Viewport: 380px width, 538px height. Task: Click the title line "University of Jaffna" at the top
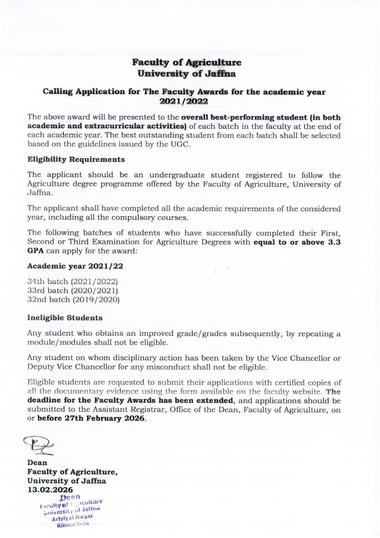tap(187, 74)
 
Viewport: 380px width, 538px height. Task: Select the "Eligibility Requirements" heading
tap(76, 159)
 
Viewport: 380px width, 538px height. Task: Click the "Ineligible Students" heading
tap(65, 318)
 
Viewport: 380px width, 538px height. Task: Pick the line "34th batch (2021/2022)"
tap(72, 281)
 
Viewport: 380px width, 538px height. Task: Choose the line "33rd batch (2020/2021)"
tap(72, 291)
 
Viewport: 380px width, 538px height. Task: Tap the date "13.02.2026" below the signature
tap(50, 490)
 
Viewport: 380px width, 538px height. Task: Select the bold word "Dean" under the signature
tap(37, 463)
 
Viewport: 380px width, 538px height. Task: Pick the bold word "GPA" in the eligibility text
tap(37, 251)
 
